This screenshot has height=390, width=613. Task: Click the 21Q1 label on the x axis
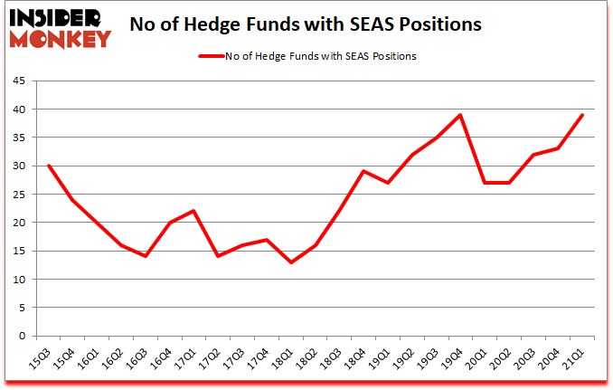pos(575,360)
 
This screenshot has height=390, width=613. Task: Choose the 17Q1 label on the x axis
pos(187,360)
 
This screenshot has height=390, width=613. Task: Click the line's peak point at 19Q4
pos(460,115)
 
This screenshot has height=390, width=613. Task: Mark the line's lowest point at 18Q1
pos(291,262)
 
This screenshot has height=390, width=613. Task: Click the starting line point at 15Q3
pos(48,166)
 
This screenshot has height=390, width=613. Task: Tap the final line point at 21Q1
pos(581,115)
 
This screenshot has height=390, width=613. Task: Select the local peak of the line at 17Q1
pos(193,211)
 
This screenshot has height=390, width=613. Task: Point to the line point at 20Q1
pos(485,183)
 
